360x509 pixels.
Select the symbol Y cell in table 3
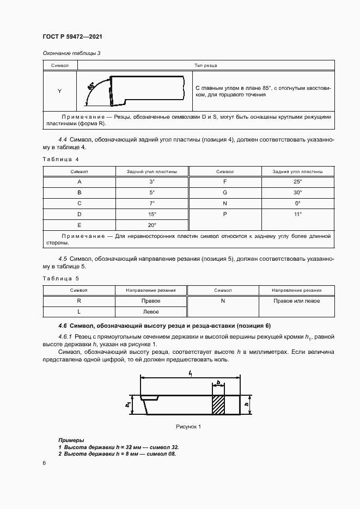(x=59, y=91)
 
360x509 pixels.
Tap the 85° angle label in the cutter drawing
(x=91, y=85)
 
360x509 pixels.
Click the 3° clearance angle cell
(x=152, y=182)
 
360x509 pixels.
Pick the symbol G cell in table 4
(x=224, y=193)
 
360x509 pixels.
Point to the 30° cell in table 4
(x=297, y=193)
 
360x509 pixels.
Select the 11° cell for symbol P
(x=297, y=214)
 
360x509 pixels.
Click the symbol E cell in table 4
(x=80, y=225)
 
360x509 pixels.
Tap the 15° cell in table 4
(x=152, y=214)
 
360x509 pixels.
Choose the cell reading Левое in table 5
(x=151, y=312)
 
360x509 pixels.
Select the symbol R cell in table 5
(x=79, y=301)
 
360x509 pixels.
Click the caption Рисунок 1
(x=188, y=426)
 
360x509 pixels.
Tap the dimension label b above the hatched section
(x=218, y=383)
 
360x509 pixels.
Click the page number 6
(x=44, y=463)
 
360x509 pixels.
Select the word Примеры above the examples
(x=71, y=439)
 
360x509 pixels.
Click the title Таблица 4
(x=60, y=159)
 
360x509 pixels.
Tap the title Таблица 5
(x=60, y=278)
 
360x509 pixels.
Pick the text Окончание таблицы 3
(x=72, y=53)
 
